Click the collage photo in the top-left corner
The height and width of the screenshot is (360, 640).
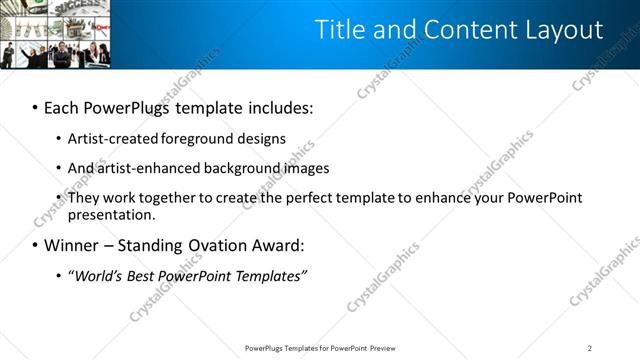tap(55, 35)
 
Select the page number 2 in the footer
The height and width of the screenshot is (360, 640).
tap(590, 348)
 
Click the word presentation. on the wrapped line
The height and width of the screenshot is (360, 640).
tap(112, 214)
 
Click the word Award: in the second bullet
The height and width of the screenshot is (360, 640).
tap(276, 245)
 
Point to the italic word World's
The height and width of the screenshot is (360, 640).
tap(96, 275)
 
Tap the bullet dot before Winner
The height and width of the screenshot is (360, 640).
tap(35, 245)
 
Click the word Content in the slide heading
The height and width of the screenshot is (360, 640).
tap(464, 30)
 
